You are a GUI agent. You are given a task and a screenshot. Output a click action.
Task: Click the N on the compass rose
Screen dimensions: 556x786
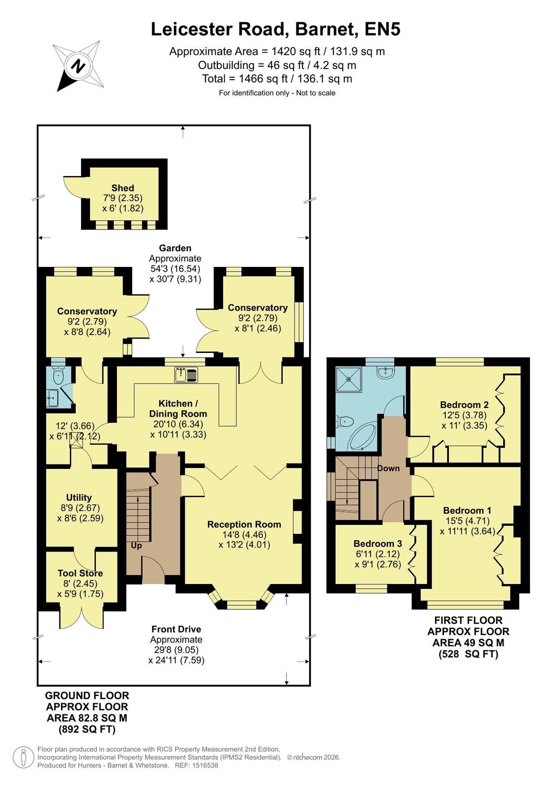pyautogui.click(x=78, y=65)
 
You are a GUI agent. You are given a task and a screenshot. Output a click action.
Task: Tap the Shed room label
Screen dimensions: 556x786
pyautogui.click(x=122, y=188)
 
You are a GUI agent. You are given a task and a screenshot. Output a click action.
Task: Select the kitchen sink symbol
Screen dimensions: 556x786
pyautogui.click(x=186, y=375)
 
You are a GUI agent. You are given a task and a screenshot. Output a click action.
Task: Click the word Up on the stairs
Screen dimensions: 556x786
pyautogui.click(x=136, y=545)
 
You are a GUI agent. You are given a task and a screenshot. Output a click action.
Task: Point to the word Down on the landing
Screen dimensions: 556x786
pyautogui.click(x=388, y=468)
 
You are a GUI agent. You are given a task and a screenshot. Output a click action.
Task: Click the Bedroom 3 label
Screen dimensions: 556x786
pyautogui.click(x=378, y=544)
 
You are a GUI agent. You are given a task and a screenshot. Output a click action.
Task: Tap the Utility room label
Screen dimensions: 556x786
pyautogui.click(x=79, y=497)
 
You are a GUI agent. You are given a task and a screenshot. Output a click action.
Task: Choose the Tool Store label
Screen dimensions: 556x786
pyautogui.click(x=80, y=573)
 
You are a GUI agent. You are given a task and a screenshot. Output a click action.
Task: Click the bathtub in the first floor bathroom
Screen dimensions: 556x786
pyautogui.click(x=362, y=437)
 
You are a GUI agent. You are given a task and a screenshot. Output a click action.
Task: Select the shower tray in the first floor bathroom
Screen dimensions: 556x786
pyautogui.click(x=349, y=379)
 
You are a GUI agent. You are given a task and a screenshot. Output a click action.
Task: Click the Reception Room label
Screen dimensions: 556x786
pyautogui.click(x=244, y=524)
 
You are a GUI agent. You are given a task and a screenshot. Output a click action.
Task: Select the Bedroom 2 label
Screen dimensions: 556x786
pyautogui.click(x=465, y=405)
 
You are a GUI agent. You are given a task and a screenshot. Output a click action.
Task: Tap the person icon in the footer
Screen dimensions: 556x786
pyautogui.click(x=24, y=757)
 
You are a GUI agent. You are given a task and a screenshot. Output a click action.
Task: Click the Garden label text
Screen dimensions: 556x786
pyautogui.click(x=175, y=248)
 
